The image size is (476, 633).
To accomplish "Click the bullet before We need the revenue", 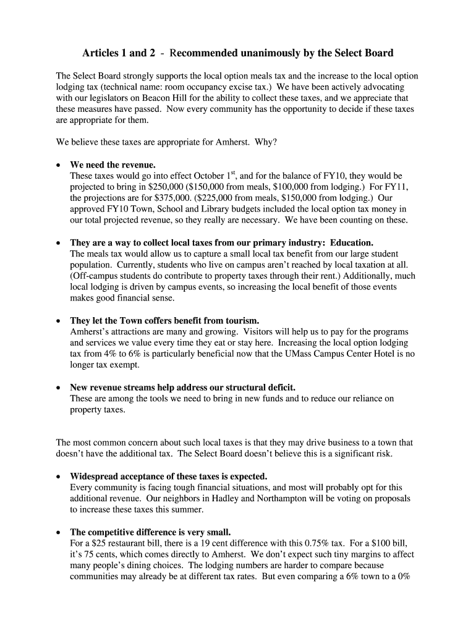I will point(58,166).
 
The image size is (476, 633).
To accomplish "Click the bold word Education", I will point(351,243).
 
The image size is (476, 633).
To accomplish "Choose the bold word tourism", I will point(240,321).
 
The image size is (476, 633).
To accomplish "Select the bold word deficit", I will point(271,388).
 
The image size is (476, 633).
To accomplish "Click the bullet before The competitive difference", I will point(58,532).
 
